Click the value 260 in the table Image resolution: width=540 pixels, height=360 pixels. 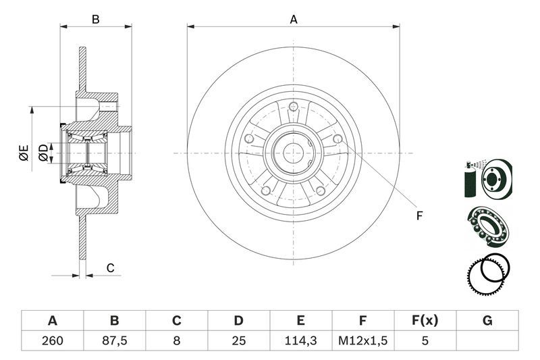tap(52, 341)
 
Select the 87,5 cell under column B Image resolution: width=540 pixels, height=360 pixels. tap(114, 341)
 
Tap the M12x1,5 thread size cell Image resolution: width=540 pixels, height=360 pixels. tap(362, 341)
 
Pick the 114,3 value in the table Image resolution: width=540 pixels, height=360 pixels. tap(300, 341)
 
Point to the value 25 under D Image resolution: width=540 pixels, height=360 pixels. tap(238, 341)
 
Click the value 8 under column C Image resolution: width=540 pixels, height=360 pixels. tap(176, 341)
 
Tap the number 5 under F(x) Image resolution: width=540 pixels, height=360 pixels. tap(425, 341)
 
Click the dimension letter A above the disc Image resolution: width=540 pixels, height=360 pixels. tap(294, 20)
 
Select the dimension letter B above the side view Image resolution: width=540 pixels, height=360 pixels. tap(96, 20)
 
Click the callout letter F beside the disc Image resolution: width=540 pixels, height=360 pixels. tap(419, 215)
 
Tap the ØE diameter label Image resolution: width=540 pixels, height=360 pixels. tap(24, 153)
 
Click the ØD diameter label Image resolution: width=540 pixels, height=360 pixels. tap(43, 153)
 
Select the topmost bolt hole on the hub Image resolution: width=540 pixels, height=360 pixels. tap(294, 106)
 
